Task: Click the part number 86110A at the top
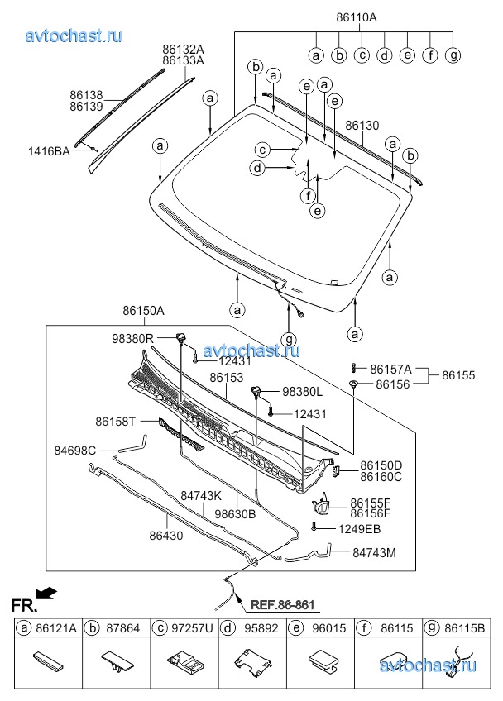pos(357,17)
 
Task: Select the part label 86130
pos(362,126)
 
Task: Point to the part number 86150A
pos(144,312)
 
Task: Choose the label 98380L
pos(302,392)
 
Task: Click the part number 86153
pos(227,378)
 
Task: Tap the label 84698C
pos(75,451)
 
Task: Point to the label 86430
pos(167,536)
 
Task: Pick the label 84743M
pos(373,551)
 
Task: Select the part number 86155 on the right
pos(459,375)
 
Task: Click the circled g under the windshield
pos(288,339)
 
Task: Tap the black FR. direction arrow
pos(49,592)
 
